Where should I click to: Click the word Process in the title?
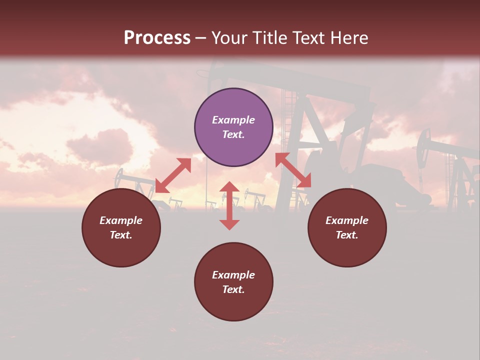157,38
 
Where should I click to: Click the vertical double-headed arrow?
229,205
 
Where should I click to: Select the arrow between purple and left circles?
173,175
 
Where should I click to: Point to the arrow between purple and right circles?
293,170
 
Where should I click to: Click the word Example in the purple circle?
233,120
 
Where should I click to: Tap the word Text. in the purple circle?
233,134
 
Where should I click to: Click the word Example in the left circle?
121,220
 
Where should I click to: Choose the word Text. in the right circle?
347,235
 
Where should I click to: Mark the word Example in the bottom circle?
233,275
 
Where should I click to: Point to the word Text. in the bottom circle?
233,289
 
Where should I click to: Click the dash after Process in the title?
201,38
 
